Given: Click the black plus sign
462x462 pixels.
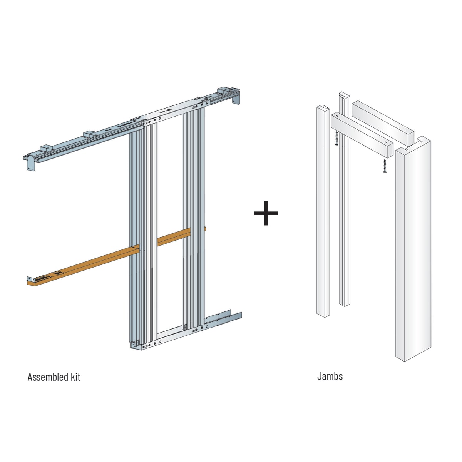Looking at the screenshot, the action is tap(266, 213).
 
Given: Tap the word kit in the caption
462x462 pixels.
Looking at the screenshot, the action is tap(75, 377).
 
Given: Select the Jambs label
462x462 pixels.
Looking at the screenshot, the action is tap(330, 377).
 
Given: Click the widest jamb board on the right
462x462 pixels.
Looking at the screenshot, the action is tap(413, 249).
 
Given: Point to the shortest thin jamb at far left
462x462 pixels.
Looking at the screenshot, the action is tap(323, 211).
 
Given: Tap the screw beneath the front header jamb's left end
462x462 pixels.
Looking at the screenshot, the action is tap(336, 139).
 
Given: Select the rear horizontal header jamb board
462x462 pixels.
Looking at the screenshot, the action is tap(383, 123).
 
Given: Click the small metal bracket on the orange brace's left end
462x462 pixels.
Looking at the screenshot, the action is tap(30, 279).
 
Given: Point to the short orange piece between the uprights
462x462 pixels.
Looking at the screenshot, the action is tap(174, 237).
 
